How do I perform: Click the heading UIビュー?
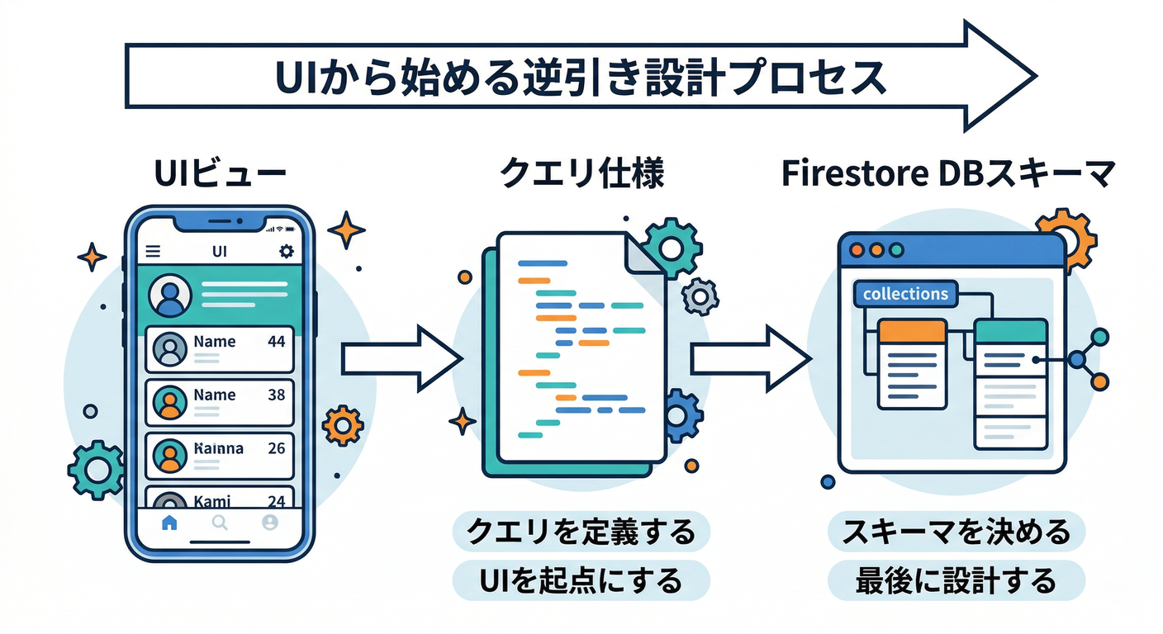point(220,175)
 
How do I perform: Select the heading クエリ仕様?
point(582,175)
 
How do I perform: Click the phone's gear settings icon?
point(286,251)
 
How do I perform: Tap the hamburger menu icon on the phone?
point(153,251)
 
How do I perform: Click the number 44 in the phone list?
point(277,341)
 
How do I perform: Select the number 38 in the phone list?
point(277,395)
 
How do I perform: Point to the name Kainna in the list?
point(218,448)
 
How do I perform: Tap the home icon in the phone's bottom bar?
point(169,522)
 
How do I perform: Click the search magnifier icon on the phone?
point(220,522)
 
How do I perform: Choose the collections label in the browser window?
point(905,294)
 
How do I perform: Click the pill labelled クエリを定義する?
point(581,532)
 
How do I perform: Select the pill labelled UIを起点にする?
point(581,580)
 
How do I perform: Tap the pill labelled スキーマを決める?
point(956,532)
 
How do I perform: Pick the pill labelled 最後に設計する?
point(956,580)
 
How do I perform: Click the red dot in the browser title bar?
point(857,249)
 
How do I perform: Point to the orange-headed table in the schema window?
point(912,363)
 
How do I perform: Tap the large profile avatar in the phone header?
point(169,295)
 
